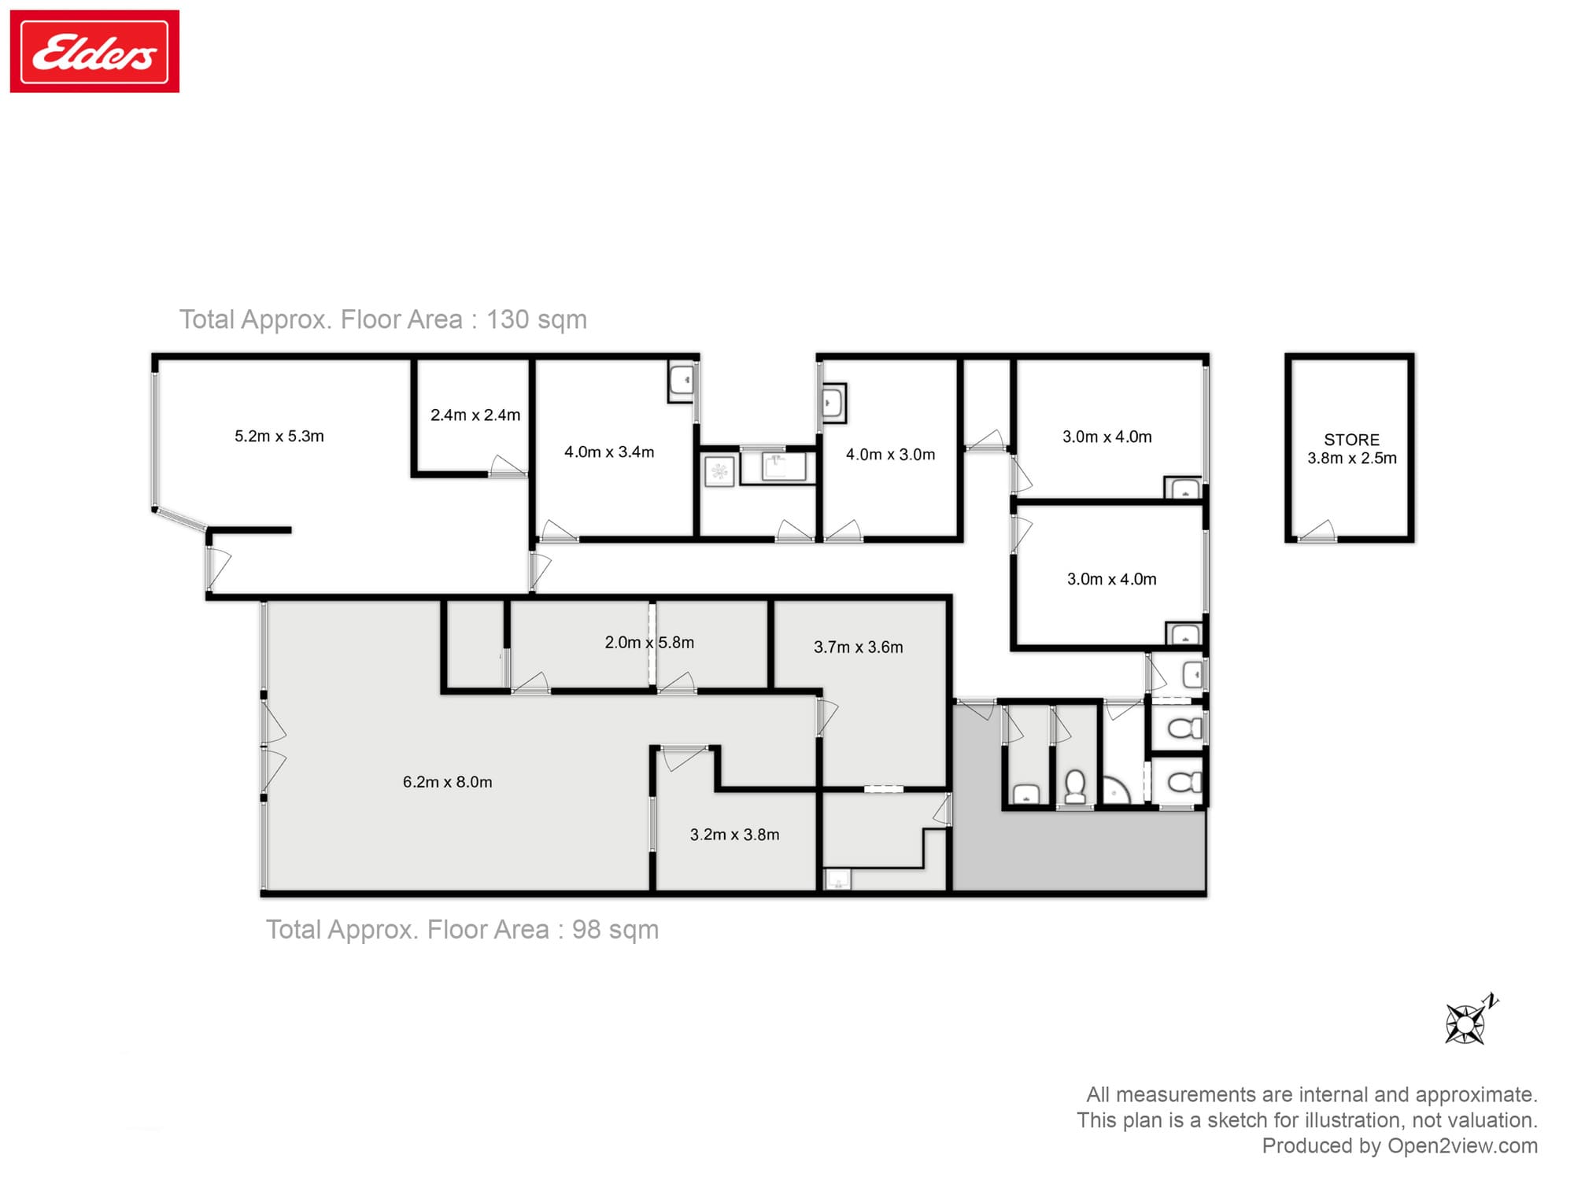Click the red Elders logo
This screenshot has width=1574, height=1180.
point(94,51)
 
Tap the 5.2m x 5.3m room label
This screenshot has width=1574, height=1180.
point(279,437)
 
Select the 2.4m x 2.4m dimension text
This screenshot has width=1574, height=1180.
point(475,415)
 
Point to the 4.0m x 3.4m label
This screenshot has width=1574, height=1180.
point(608,452)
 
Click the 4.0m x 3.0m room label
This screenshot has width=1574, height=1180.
point(890,455)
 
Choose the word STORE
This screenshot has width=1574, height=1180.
point(1351,440)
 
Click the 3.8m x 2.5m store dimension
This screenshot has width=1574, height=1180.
point(1351,459)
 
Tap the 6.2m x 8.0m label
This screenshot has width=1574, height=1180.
point(447,782)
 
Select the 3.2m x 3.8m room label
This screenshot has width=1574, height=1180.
point(734,835)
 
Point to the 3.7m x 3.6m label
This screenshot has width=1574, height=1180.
point(858,647)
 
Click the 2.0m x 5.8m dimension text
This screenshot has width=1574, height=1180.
point(649,643)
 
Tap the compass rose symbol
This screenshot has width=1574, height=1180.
point(1465,1023)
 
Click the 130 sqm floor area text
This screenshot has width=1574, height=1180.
point(536,319)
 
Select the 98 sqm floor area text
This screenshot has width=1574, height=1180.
point(615,930)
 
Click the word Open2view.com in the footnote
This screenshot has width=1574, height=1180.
point(1461,1146)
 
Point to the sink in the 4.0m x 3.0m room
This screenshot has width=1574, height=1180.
point(833,404)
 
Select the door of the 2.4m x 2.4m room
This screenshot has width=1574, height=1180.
point(508,467)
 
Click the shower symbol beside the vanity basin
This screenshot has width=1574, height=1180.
point(719,471)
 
